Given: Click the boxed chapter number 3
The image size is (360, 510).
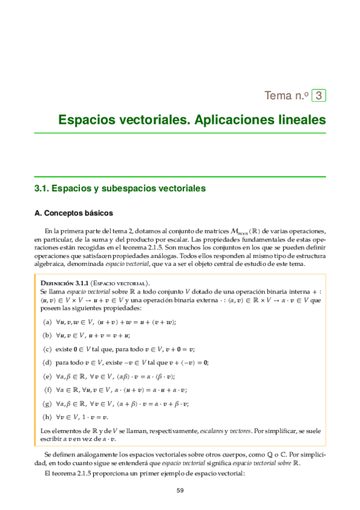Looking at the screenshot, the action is [x=320, y=95].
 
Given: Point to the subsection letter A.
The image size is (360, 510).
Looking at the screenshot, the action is [x=38, y=213].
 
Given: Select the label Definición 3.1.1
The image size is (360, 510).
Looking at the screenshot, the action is [x=64, y=282].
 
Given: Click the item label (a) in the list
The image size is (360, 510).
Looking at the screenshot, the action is [x=47, y=322].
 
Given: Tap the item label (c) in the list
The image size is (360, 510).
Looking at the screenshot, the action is [x=47, y=349].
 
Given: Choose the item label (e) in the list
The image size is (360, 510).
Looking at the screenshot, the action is [x=47, y=376].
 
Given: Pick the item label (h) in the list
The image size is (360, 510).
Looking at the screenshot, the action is [x=47, y=417].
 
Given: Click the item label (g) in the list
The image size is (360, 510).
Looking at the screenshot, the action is [x=47, y=404].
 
